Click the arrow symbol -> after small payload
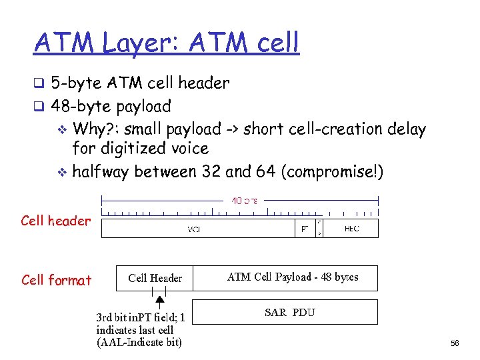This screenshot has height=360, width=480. tap(231, 129)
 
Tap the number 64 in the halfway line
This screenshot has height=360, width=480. tap(263, 171)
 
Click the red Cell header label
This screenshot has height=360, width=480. tap(56, 221)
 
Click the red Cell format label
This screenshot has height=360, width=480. tap(56, 280)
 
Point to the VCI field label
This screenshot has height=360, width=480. tap(195, 229)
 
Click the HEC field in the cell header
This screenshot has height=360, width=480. tap(351, 229)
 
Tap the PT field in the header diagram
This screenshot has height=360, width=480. tap(304, 229)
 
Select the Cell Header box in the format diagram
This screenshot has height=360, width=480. tap(155, 278)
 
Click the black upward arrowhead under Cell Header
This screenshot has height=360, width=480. tap(159, 301)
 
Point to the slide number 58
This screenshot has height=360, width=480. tap(455, 343)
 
